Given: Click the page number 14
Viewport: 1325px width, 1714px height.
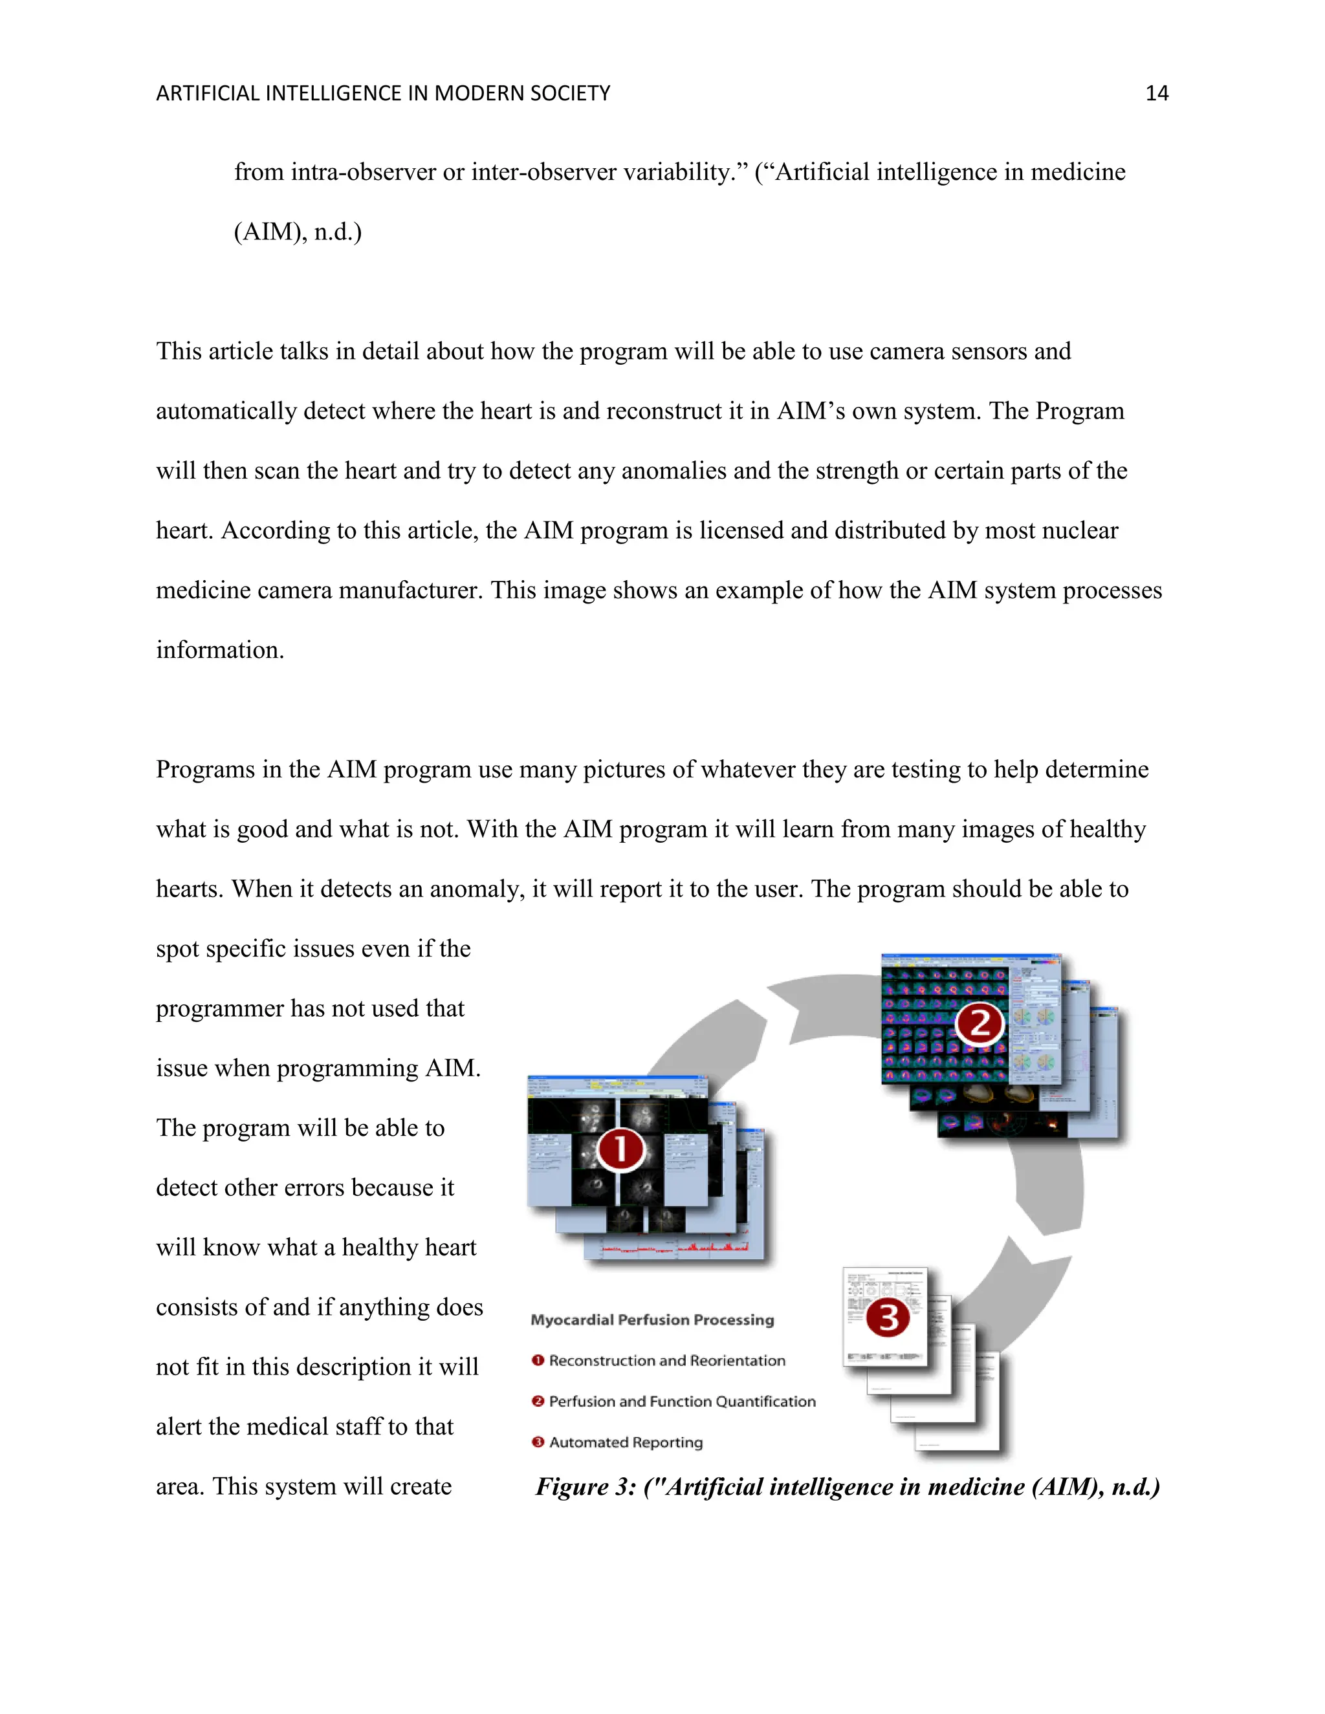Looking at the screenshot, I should point(1156,93).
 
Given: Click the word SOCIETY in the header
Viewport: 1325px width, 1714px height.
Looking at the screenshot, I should point(571,93).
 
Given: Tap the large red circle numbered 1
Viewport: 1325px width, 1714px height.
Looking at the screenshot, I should point(620,1150).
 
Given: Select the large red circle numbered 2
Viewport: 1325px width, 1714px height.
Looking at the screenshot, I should point(979,1024).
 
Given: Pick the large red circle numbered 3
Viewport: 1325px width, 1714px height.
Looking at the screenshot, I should point(887,1318).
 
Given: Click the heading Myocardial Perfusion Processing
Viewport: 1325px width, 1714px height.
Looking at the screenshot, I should point(652,1320).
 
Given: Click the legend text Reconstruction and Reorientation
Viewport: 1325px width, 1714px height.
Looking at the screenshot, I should point(666,1361).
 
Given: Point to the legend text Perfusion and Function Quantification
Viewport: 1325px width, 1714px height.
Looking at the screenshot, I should point(681,1402).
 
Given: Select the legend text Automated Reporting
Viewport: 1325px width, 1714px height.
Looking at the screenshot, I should point(626,1442).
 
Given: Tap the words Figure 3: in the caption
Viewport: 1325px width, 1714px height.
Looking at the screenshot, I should point(585,1487).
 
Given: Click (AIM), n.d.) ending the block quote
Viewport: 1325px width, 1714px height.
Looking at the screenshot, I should point(298,232).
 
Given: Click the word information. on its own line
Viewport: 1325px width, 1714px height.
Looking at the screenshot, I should point(220,650).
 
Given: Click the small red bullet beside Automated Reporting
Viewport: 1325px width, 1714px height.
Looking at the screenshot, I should point(538,1442).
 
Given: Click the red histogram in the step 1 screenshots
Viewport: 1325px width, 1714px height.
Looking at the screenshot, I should point(714,1246).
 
